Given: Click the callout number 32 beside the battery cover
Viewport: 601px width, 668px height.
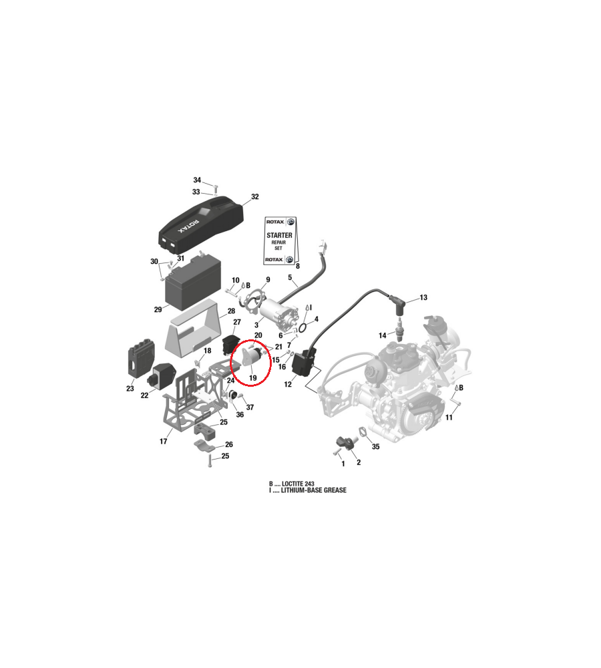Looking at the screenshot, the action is pyautogui.click(x=254, y=197).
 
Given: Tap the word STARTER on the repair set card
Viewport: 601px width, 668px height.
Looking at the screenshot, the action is pyautogui.click(x=279, y=235).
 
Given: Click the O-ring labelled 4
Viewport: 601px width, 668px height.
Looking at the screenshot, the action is pyautogui.click(x=303, y=327).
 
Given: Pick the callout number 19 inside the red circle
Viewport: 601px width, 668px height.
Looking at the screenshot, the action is pyautogui.click(x=253, y=378).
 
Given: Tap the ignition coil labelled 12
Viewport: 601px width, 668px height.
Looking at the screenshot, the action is pyautogui.click(x=305, y=363).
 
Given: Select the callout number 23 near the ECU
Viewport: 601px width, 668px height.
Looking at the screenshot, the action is pyautogui.click(x=130, y=389).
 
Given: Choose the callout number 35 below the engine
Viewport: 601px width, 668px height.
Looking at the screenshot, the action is pyautogui.click(x=376, y=446).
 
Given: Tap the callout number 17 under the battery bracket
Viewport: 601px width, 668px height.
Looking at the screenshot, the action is pyautogui.click(x=164, y=442).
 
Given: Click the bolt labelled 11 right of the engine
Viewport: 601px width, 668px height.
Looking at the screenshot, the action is pyautogui.click(x=455, y=402).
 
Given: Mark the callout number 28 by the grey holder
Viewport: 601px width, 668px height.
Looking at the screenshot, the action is pyautogui.click(x=231, y=311).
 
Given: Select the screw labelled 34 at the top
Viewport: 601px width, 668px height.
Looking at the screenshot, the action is pyautogui.click(x=216, y=188).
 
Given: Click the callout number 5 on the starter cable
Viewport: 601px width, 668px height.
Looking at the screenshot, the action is pyautogui.click(x=290, y=277).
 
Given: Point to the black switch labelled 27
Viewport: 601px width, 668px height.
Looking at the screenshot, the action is pyautogui.click(x=230, y=344).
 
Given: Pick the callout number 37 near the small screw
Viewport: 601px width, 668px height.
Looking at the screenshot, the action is pyautogui.click(x=250, y=407).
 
